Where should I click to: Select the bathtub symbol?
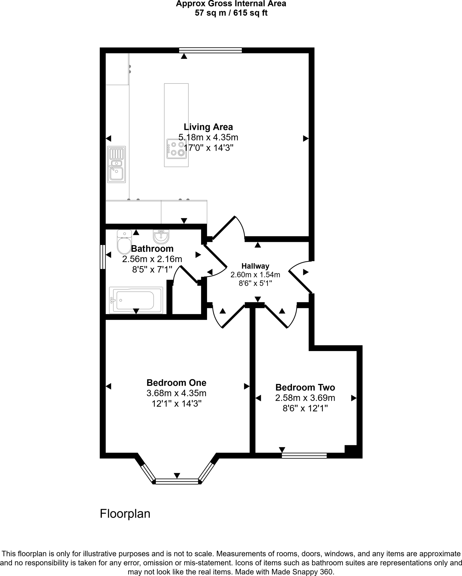(x=136, y=300)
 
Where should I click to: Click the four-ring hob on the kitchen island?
(x=177, y=149)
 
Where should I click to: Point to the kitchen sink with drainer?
(x=116, y=164)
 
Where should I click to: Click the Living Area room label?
(x=208, y=127)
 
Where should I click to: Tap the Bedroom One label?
(x=176, y=383)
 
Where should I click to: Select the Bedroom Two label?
(x=305, y=388)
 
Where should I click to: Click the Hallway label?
(x=255, y=266)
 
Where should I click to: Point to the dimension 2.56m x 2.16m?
(x=152, y=259)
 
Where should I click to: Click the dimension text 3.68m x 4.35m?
(x=176, y=393)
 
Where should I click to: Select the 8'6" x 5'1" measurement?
(x=255, y=283)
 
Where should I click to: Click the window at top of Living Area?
(x=210, y=50)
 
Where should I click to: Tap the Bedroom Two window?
(x=304, y=456)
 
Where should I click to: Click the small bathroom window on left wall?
(x=103, y=257)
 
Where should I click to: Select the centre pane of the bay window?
(x=177, y=482)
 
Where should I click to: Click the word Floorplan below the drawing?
(x=125, y=514)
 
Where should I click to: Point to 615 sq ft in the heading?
(x=250, y=13)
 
